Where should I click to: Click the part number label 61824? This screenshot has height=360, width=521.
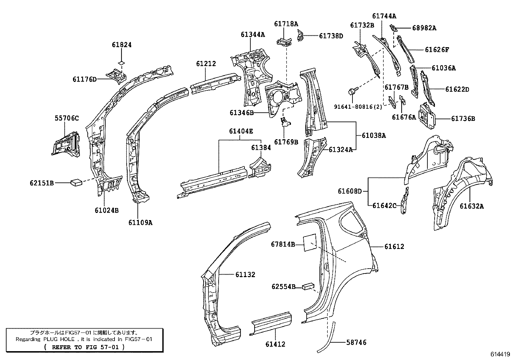coord(122,45)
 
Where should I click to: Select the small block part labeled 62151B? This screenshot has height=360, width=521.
coord(76,182)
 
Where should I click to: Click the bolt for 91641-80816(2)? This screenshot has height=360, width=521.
coord(352,91)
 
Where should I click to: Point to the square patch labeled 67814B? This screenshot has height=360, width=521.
coord(310,243)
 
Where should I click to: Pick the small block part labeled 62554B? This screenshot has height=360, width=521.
coord(308,286)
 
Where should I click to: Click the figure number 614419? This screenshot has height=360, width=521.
coord(500,354)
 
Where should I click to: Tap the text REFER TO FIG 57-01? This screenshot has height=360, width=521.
coord(85,347)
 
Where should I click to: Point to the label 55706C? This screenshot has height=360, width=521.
coord(67,118)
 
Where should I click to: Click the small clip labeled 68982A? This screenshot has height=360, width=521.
coord(393,28)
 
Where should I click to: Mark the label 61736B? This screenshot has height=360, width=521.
coord(463,119)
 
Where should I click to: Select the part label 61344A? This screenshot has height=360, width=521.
coord(253,34)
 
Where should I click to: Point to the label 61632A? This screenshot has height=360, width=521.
coord(472,206)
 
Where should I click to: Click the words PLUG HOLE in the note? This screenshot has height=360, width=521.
coord(59,339)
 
